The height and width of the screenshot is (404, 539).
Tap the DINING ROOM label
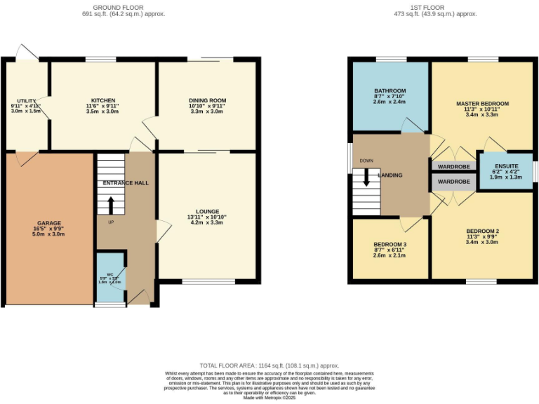(207, 100)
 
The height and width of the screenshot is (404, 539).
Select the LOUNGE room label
(207, 211)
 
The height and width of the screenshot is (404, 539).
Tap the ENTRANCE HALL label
(126, 183)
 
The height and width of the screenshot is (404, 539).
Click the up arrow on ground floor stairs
(110, 206)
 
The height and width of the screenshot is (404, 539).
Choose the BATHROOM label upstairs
(390, 91)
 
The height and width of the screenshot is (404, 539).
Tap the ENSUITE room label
(506, 166)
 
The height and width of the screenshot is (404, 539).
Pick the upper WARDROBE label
(453, 167)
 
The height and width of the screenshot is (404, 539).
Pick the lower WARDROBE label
(453, 182)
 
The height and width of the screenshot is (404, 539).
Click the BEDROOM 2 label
(482, 231)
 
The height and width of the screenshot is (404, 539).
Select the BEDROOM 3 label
(390, 245)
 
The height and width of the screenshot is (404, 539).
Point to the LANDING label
(390, 175)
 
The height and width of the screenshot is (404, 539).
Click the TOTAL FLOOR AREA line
(269, 365)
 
